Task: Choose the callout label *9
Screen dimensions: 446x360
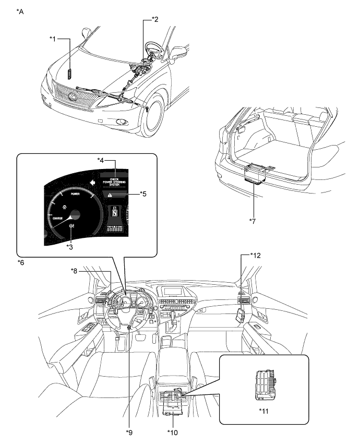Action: pos(130,432)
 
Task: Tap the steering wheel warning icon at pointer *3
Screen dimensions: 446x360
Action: pos(71,225)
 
